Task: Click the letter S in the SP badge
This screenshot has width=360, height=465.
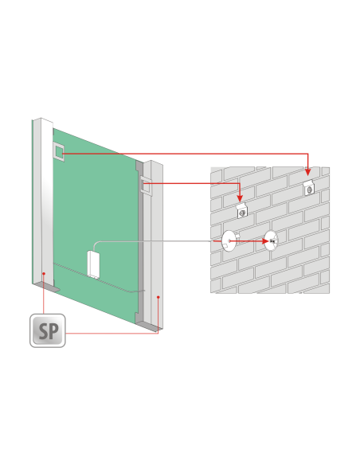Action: (x=43, y=331)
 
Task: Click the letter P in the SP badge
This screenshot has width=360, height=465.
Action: (x=53, y=331)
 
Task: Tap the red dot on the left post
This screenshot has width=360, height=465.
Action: (x=44, y=273)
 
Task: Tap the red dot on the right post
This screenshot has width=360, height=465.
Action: (x=158, y=297)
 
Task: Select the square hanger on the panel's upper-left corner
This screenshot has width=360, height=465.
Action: (x=58, y=151)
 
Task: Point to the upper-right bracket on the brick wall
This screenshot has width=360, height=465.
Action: (x=309, y=188)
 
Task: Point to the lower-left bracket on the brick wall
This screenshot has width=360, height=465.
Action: (x=242, y=210)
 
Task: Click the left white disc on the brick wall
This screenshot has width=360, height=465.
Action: (x=228, y=240)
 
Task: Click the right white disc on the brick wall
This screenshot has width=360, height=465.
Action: (x=271, y=240)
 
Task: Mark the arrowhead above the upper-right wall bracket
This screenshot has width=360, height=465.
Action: (x=307, y=172)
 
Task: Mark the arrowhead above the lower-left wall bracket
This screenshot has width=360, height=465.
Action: (x=240, y=197)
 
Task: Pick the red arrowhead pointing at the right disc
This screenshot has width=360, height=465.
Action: (x=264, y=241)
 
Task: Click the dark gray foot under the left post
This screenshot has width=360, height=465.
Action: (x=47, y=287)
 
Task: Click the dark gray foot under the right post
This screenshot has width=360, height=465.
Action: (x=148, y=326)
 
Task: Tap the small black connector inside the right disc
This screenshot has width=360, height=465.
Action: (x=272, y=240)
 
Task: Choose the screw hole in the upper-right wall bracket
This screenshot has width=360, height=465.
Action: (x=309, y=190)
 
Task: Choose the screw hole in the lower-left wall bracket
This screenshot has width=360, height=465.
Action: (x=243, y=213)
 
